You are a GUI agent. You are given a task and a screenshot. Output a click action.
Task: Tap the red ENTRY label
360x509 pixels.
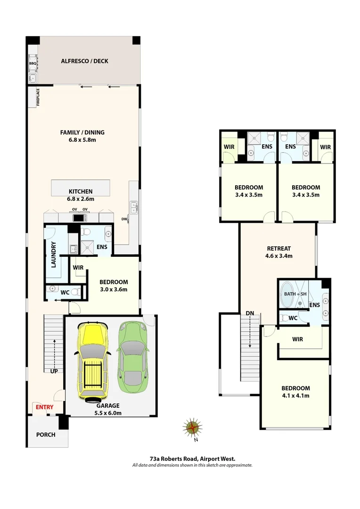pyautogui.click(x=43, y=407)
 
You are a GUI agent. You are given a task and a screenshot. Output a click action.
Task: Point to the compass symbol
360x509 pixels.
pyautogui.click(x=192, y=427)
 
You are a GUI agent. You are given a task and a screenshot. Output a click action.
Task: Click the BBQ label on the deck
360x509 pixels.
pyautogui.click(x=33, y=63)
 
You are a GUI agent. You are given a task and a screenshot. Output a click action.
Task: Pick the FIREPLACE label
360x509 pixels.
pyautogui.click(x=38, y=98)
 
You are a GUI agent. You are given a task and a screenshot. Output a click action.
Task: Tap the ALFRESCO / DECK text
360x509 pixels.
pyautogui.click(x=82, y=61)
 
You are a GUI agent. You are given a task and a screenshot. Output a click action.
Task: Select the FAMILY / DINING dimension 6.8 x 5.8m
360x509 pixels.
pyautogui.click(x=82, y=140)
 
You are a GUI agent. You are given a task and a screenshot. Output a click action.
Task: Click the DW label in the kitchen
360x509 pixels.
pyautogui.click(x=124, y=219)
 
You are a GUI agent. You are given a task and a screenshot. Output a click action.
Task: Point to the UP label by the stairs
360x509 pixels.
pyautogui.click(x=54, y=371)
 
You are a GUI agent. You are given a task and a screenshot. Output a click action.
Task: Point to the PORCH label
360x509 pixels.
pyautogui.click(x=46, y=435)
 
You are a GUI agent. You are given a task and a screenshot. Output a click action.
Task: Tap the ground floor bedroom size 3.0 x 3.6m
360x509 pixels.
pyautogui.click(x=113, y=289)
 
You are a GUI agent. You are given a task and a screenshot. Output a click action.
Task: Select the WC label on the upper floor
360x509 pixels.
pyautogui.click(x=293, y=318)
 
